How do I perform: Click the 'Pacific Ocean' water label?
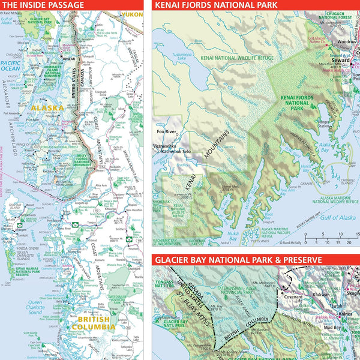pos(10,65)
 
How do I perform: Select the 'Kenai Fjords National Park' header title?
pos(216,5)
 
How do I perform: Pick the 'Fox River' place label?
pos(166,131)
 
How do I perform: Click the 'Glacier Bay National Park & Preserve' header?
pos(238,260)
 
